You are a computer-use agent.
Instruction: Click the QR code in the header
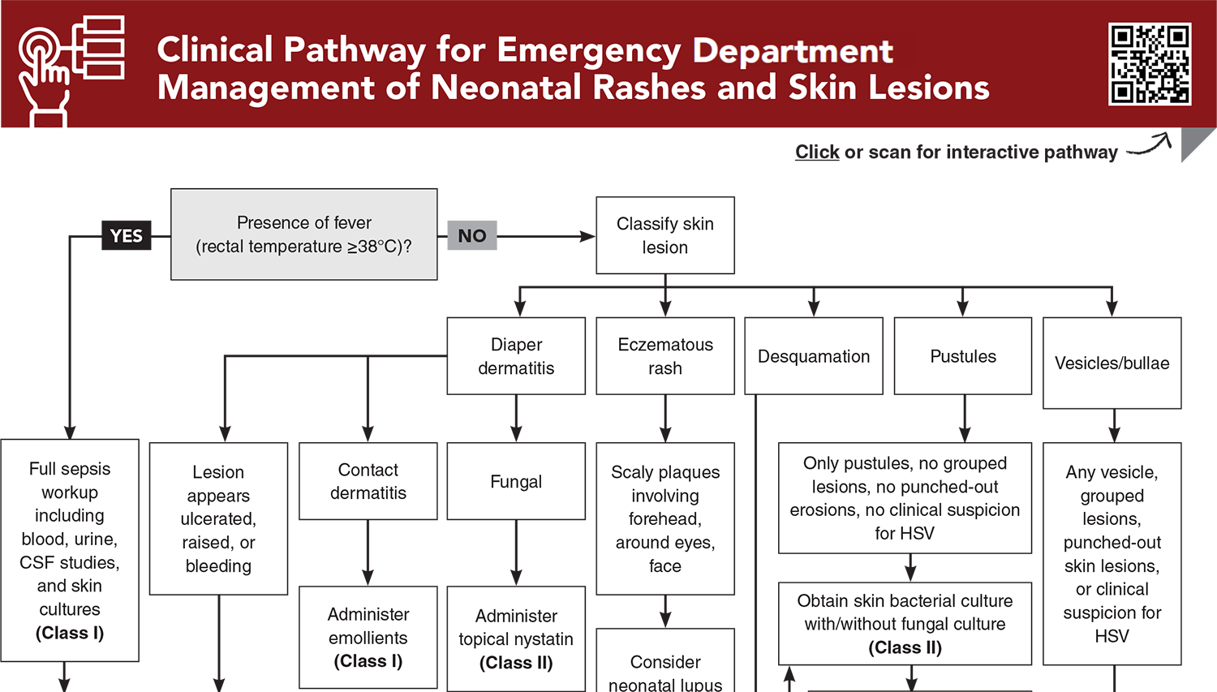click(1150, 64)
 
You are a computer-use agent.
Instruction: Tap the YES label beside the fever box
click(127, 236)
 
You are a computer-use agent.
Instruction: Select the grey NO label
click(472, 236)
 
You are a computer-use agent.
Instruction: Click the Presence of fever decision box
click(304, 234)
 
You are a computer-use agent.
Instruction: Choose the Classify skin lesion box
click(665, 235)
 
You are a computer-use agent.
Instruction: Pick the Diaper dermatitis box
click(516, 356)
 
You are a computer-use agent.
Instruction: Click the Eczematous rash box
click(665, 356)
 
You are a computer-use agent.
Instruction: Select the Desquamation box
click(814, 356)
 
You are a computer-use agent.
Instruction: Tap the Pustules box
click(963, 356)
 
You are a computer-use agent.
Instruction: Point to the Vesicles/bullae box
click(1112, 363)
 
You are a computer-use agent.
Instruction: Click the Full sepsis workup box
click(70, 551)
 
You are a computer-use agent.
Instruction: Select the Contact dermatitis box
click(368, 481)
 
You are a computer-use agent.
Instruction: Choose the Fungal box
click(516, 481)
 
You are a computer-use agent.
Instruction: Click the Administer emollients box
click(368, 638)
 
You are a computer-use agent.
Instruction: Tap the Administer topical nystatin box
click(516, 639)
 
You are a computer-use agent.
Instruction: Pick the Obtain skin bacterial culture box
click(905, 624)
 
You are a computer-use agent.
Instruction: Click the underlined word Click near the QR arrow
click(817, 153)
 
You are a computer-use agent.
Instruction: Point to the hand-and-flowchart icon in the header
click(71, 71)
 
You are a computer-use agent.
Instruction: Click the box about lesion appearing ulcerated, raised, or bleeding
click(218, 519)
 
